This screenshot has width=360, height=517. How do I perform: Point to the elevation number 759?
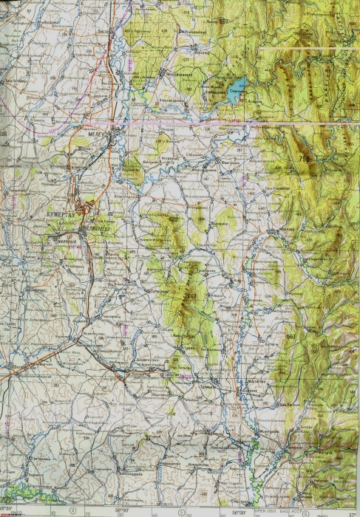pyautogui.click(x=305, y=159)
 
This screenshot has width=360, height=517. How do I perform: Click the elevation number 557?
pyautogui.click(x=224, y=21)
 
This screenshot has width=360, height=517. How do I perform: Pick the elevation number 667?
pyautogui.click(x=190, y=297)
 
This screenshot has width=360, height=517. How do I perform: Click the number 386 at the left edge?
pyautogui.click(x=4, y=134)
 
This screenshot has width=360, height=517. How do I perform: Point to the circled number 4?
pyautogui.click(x=72, y=510)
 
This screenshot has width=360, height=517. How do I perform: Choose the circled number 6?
pyautogui.click(x=305, y=510)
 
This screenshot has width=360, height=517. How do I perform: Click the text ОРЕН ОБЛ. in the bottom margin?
pyautogui.click(x=265, y=510)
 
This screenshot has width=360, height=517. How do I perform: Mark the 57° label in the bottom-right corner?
pyautogui.click(x=353, y=510)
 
